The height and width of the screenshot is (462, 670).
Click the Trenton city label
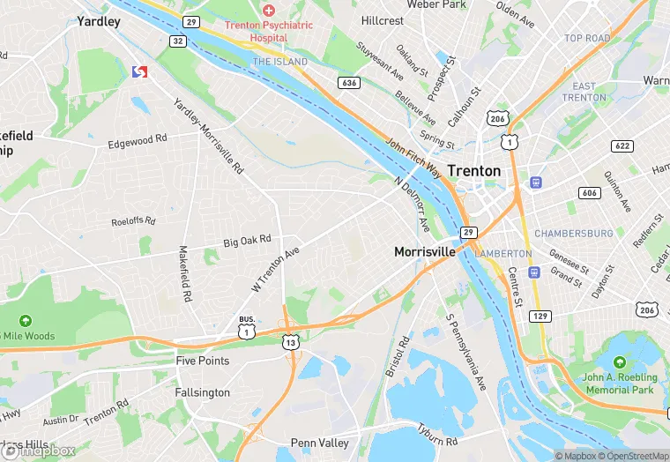(x=473, y=170)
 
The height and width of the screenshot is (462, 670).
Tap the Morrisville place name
(x=424, y=251)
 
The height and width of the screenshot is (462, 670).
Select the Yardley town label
(x=99, y=21)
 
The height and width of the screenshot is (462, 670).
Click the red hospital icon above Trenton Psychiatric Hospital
(x=268, y=10)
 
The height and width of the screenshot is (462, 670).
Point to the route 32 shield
(x=178, y=41)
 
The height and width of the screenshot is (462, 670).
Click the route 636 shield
(x=349, y=83)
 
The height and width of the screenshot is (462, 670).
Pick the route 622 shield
(x=622, y=145)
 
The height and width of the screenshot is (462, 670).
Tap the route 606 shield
(x=589, y=192)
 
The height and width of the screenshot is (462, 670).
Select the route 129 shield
(x=540, y=316)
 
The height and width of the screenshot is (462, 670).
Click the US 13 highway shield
(x=290, y=341)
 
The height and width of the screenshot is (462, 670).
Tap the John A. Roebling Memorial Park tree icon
(x=619, y=362)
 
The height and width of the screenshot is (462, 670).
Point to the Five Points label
(x=203, y=361)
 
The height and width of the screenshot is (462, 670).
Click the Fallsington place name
(x=203, y=392)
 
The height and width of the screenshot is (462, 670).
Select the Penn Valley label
(x=320, y=443)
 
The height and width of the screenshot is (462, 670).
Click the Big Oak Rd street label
(x=247, y=240)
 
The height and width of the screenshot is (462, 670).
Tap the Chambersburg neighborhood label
(x=574, y=234)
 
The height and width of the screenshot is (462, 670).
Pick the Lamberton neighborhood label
(x=503, y=254)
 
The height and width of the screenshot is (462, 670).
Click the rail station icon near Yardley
(x=138, y=71)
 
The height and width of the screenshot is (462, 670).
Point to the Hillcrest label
(x=382, y=20)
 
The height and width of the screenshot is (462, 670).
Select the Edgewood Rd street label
(x=137, y=141)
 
